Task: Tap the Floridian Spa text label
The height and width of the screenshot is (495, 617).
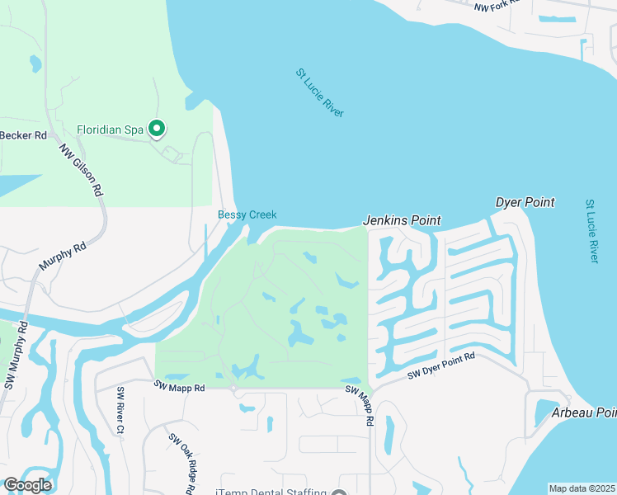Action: (110, 130)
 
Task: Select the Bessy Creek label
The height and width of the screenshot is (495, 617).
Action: (247, 215)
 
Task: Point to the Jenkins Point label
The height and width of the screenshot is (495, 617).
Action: (402, 221)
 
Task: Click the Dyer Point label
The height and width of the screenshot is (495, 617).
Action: (525, 202)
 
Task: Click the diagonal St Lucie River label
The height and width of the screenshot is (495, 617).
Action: (319, 92)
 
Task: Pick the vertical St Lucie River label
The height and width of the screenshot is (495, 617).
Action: (591, 230)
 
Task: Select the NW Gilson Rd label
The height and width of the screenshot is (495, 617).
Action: (81, 171)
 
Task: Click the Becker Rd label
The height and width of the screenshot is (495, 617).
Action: (23, 135)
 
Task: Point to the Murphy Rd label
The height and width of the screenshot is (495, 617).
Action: (63, 257)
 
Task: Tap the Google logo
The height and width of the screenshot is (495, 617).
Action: (27, 485)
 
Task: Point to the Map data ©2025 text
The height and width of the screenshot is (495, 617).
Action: (582, 488)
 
